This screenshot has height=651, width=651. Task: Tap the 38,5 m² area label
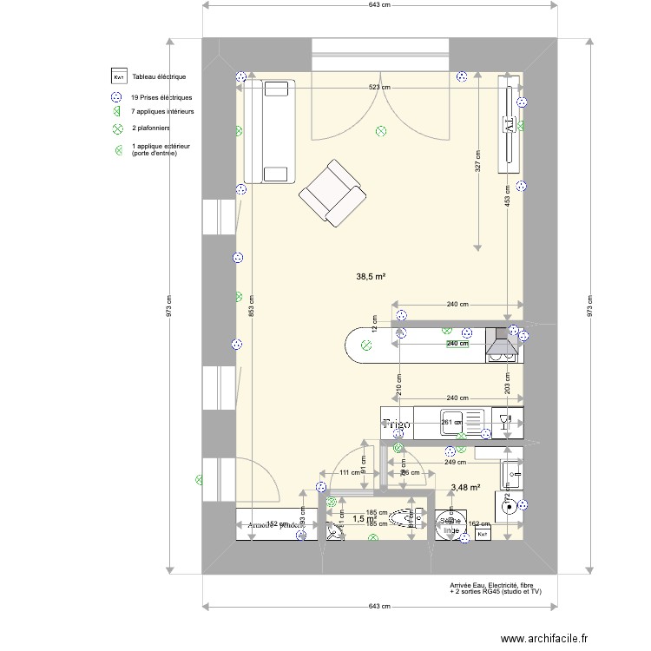point(370,277)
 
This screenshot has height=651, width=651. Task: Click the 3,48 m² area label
point(465,488)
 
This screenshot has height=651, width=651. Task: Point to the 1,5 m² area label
point(364,519)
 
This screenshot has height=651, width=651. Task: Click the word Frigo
point(397,424)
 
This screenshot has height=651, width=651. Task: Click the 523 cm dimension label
point(379,88)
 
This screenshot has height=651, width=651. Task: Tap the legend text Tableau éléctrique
point(159,77)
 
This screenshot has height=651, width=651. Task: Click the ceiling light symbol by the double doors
point(380,132)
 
